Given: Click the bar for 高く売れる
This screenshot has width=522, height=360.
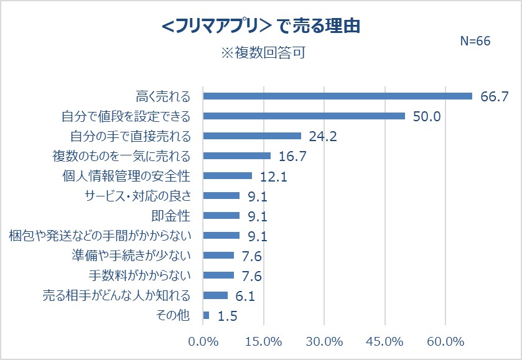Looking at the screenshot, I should (x=338, y=96).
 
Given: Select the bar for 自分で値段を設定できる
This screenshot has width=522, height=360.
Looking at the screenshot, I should (x=304, y=116).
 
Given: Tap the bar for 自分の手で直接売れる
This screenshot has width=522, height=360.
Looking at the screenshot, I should (x=252, y=136).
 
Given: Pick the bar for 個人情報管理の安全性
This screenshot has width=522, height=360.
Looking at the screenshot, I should (x=228, y=176).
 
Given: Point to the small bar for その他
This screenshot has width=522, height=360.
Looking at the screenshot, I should (x=207, y=315).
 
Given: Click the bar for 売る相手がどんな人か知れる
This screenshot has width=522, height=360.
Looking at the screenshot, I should (x=215, y=295).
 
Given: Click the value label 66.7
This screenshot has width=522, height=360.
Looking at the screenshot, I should (x=495, y=96).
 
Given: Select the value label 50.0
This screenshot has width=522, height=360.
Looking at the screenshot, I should (x=427, y=116).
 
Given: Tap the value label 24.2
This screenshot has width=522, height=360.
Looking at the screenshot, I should (x=323, y=137).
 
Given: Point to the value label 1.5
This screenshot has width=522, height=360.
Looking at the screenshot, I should (x=228, y=316).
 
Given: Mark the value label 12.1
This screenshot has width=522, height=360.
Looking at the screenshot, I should (x=273, y=177).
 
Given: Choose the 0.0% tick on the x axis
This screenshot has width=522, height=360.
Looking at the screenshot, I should (x=203, y=342).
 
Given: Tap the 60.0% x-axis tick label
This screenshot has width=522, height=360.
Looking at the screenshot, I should (x=446, y=342).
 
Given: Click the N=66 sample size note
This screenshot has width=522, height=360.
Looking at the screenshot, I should (x=475, y=41).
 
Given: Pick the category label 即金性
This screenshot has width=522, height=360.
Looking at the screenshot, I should (x=171, y=216).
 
